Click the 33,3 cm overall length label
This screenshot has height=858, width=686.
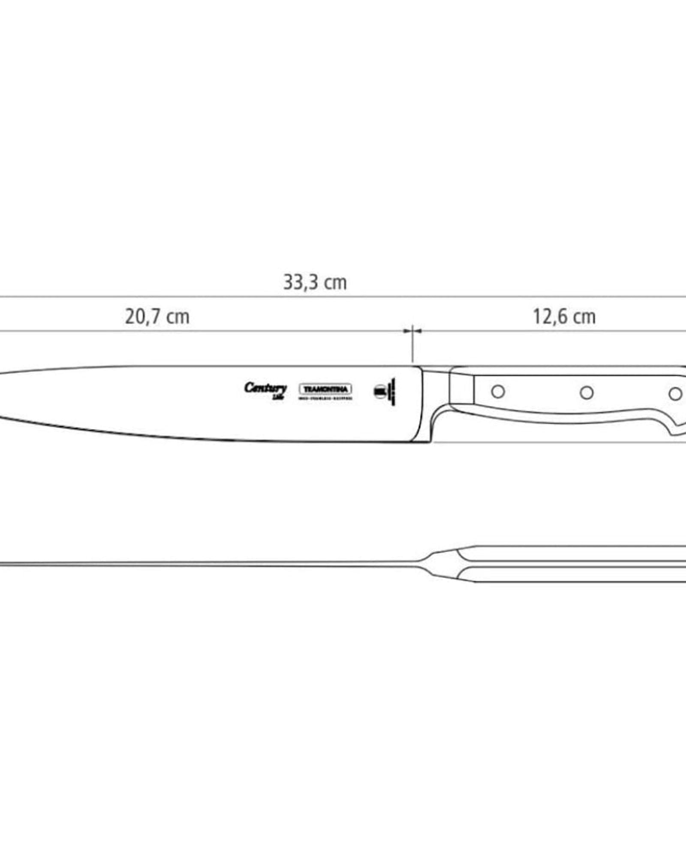point(315,283)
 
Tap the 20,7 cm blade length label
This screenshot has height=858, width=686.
point(157,317)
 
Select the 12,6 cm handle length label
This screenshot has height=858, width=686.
point(564,317)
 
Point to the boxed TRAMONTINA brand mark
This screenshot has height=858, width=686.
point(325,389)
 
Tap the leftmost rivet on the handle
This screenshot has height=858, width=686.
point(498,391)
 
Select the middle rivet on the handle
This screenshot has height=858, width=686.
point(587,393)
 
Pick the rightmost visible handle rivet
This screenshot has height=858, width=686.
point(675,394)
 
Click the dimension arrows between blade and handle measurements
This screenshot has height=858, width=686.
point(412,331)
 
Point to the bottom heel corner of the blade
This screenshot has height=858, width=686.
point(429,441)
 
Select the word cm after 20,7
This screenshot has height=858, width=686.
point(178,317)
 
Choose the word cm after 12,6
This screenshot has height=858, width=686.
point(584,317)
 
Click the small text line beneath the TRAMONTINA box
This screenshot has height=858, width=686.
point(325,399)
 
